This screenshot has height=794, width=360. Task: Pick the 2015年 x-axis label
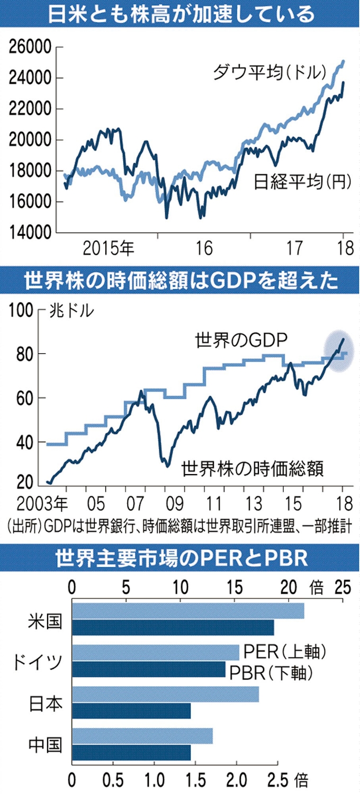109,248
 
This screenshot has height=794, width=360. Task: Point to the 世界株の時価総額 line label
252,468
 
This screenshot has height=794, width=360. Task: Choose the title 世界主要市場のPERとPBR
180,558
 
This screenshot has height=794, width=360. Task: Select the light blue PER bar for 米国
188,611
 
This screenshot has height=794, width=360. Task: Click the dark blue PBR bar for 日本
131,711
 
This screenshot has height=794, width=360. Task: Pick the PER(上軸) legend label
283,651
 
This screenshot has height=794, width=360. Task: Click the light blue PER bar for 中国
142,736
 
